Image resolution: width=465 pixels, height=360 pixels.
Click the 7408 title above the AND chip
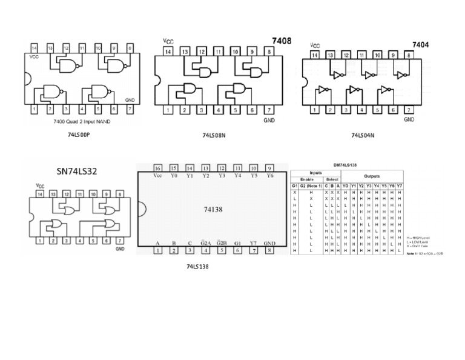click(282, 41)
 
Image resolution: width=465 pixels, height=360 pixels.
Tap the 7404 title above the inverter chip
click(420, 45)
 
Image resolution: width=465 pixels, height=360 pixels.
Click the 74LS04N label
click(363, 136)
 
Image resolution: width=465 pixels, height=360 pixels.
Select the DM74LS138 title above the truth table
click(348, 164)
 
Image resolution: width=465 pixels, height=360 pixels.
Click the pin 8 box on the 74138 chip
click(269, 249)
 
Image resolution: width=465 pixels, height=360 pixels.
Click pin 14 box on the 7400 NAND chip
click(34, 47)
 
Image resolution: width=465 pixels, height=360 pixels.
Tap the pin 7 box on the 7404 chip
click(409, 110)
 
